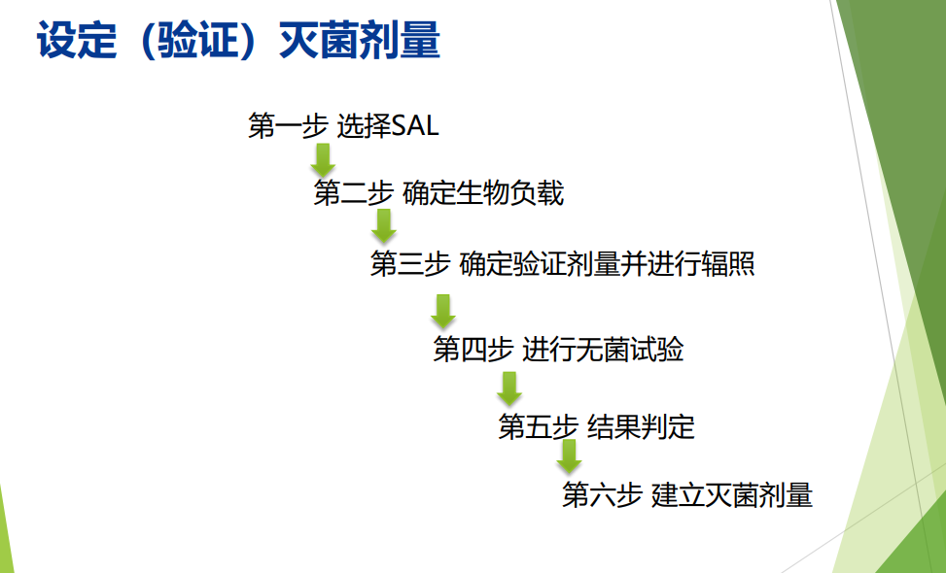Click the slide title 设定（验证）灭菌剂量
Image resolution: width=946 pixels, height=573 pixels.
[x=238, y=41]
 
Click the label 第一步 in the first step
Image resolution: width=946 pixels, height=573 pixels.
[x=288, y=126]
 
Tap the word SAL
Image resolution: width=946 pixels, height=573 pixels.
[x=415, y=126]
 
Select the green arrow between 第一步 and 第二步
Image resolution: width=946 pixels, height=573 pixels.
[x=323, y=160]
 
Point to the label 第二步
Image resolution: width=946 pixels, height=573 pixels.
[x=354, y=193]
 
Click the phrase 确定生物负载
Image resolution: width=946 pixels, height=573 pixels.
[x=483, y=193]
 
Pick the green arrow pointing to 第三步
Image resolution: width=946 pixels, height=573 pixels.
[x=383, y=226]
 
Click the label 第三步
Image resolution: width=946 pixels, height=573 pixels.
[x=410, y=264]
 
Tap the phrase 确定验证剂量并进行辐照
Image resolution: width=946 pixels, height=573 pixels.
[x=607, y=264]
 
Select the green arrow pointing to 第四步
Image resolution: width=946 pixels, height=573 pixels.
[x=442, y=312]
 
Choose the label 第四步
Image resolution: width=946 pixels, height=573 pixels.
[x=473, y=350]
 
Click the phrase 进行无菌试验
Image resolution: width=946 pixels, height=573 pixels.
[x=603, y=350]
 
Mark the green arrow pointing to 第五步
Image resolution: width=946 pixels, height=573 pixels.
[x=509, y=388]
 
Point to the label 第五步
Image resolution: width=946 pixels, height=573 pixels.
[x=539, y=426]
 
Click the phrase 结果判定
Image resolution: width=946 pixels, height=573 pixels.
[x=641, y=426]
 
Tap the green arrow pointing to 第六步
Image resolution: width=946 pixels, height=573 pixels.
[x=569, y=456]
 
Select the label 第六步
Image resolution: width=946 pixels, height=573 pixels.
[x=602, y=494]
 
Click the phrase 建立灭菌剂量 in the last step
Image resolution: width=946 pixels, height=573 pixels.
[x=732, y=494]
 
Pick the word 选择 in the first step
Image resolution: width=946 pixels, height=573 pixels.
[x=364, y=126]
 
